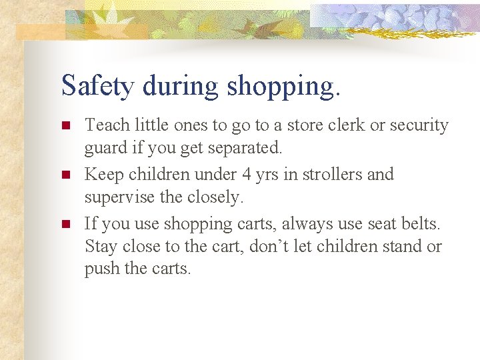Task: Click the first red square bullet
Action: click(x=65, y=126)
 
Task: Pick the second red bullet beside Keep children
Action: click(x=65, y=175)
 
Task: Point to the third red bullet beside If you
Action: click(x=65, y=225)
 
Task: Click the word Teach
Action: click(x=106, y=125)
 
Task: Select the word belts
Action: click(x=418, y=224)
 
